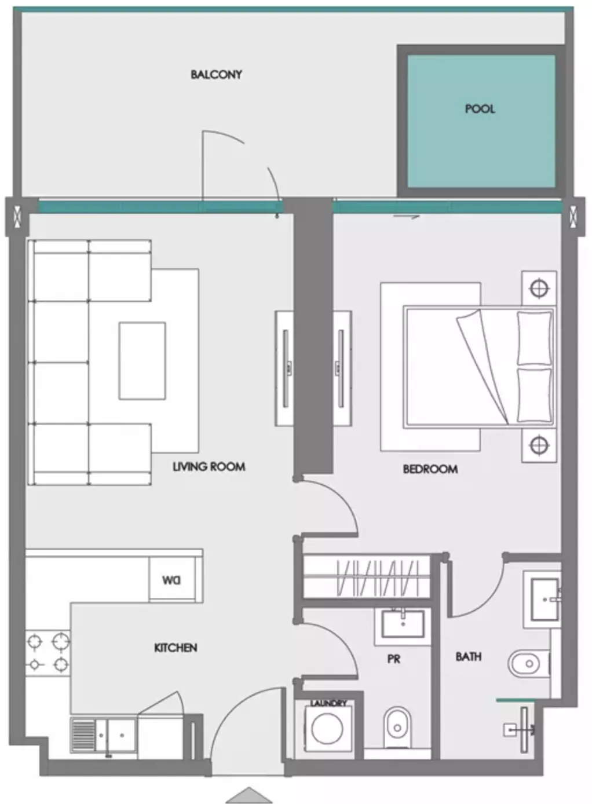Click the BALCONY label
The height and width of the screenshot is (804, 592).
[216, 75]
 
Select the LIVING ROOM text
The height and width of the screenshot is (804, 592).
[209, 467]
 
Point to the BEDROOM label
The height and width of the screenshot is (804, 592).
[430, 469]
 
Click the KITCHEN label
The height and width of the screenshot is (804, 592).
[176, 648]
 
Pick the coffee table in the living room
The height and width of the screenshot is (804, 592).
[142, 361]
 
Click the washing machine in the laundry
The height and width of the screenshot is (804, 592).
[327, 728]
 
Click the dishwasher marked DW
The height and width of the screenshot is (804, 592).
[172, 580]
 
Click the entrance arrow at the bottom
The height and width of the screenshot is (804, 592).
[249, 795]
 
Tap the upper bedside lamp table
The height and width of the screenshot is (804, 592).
[539, 288]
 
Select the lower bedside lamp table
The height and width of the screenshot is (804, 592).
[539, 445]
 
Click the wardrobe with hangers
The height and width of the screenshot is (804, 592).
[366, 577]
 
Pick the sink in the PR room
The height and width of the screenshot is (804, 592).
[402, 624]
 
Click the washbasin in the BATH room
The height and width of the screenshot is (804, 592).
[545, 600]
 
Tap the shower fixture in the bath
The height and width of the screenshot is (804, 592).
[520, 729]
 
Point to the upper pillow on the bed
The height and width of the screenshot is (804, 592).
[533, 339]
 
